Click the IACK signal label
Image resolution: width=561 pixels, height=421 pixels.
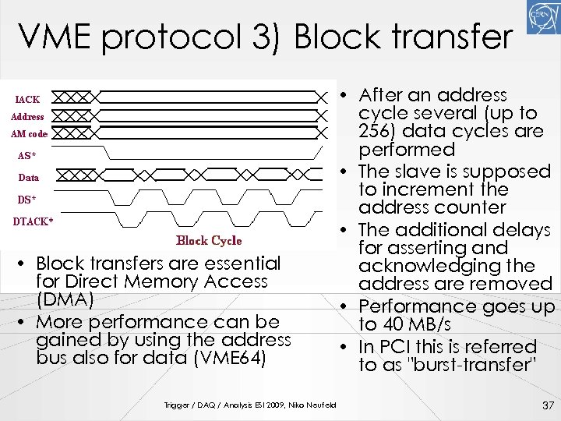pyautogui.click(x=28, y=99)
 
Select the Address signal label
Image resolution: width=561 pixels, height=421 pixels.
pyautogui.click(x=27, y=117)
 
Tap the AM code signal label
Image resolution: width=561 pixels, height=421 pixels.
pyautogui.click(x=30, y=134)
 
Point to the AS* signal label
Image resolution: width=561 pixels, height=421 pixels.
pyautogui.click(x=28, y=155)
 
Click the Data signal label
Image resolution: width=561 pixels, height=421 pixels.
pyautogui.click(x=28, y=178)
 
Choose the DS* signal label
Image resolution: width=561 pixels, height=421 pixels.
pyautogui.click(x=27, y=200)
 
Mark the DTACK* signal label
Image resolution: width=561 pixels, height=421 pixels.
pyautogui.click(x=34, y=221)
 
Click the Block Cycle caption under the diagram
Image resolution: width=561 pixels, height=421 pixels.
pyautogui.click(x=209, y=241)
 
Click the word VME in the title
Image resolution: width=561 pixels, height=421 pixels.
pyautogui.click(x=54, y=37)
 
